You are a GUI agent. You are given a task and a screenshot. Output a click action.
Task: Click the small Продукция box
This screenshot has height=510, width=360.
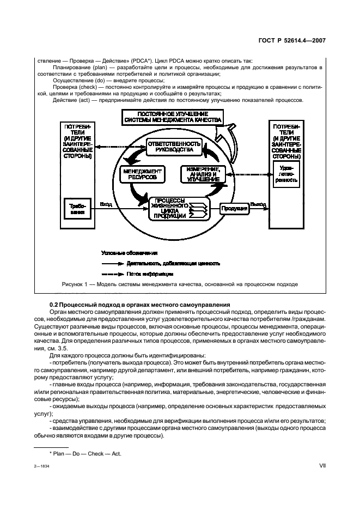click(235, 208)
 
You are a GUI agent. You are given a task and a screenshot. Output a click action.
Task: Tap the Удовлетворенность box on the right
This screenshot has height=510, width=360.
click(285, 174)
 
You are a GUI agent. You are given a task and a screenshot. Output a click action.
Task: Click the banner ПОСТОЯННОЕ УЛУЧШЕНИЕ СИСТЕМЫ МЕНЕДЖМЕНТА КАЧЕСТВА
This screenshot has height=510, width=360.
click(172, 116)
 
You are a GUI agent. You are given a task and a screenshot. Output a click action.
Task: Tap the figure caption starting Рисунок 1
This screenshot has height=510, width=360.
click(179, 284)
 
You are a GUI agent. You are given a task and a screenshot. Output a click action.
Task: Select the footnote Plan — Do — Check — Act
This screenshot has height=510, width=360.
click(85, 453)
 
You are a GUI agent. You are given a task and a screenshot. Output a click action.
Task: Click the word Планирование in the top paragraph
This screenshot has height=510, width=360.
click(71, 66)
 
